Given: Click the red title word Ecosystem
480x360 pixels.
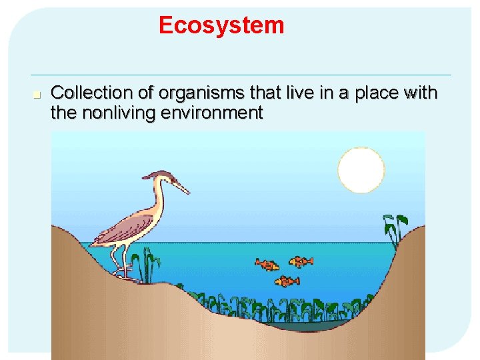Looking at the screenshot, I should pos(221,25).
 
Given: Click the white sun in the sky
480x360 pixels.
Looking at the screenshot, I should pos(361,170).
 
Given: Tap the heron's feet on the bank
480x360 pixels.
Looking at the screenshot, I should pos(124,272).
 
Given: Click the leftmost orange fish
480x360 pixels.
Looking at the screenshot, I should pos(267,265).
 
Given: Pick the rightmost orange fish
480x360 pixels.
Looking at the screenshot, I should pos(301,261).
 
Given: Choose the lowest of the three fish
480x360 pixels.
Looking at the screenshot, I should pos(287,281).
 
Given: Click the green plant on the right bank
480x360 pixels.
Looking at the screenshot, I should pos(395,227).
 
